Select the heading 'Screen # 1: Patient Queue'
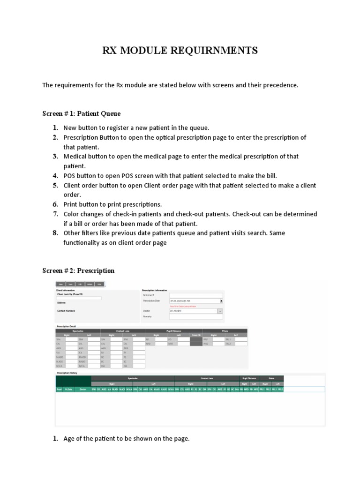(x=82, y=113)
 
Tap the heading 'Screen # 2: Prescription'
(x=78, y=270)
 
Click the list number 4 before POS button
(x=55, y=176)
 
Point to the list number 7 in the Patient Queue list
(x=55, y=214)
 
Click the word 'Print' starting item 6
(x=71, y=204)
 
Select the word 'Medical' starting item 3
(x=75, y=157)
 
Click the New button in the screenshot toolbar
(x=61, y=284)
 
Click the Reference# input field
(x=196, y=295)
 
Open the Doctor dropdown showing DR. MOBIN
(x=193, y=311)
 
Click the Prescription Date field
(x=194, y=301)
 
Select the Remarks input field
(x=196, y=317)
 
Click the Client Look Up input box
(x=79, y=298)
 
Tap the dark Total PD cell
(x=196, y=341)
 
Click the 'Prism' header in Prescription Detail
(x=225, y=331)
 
